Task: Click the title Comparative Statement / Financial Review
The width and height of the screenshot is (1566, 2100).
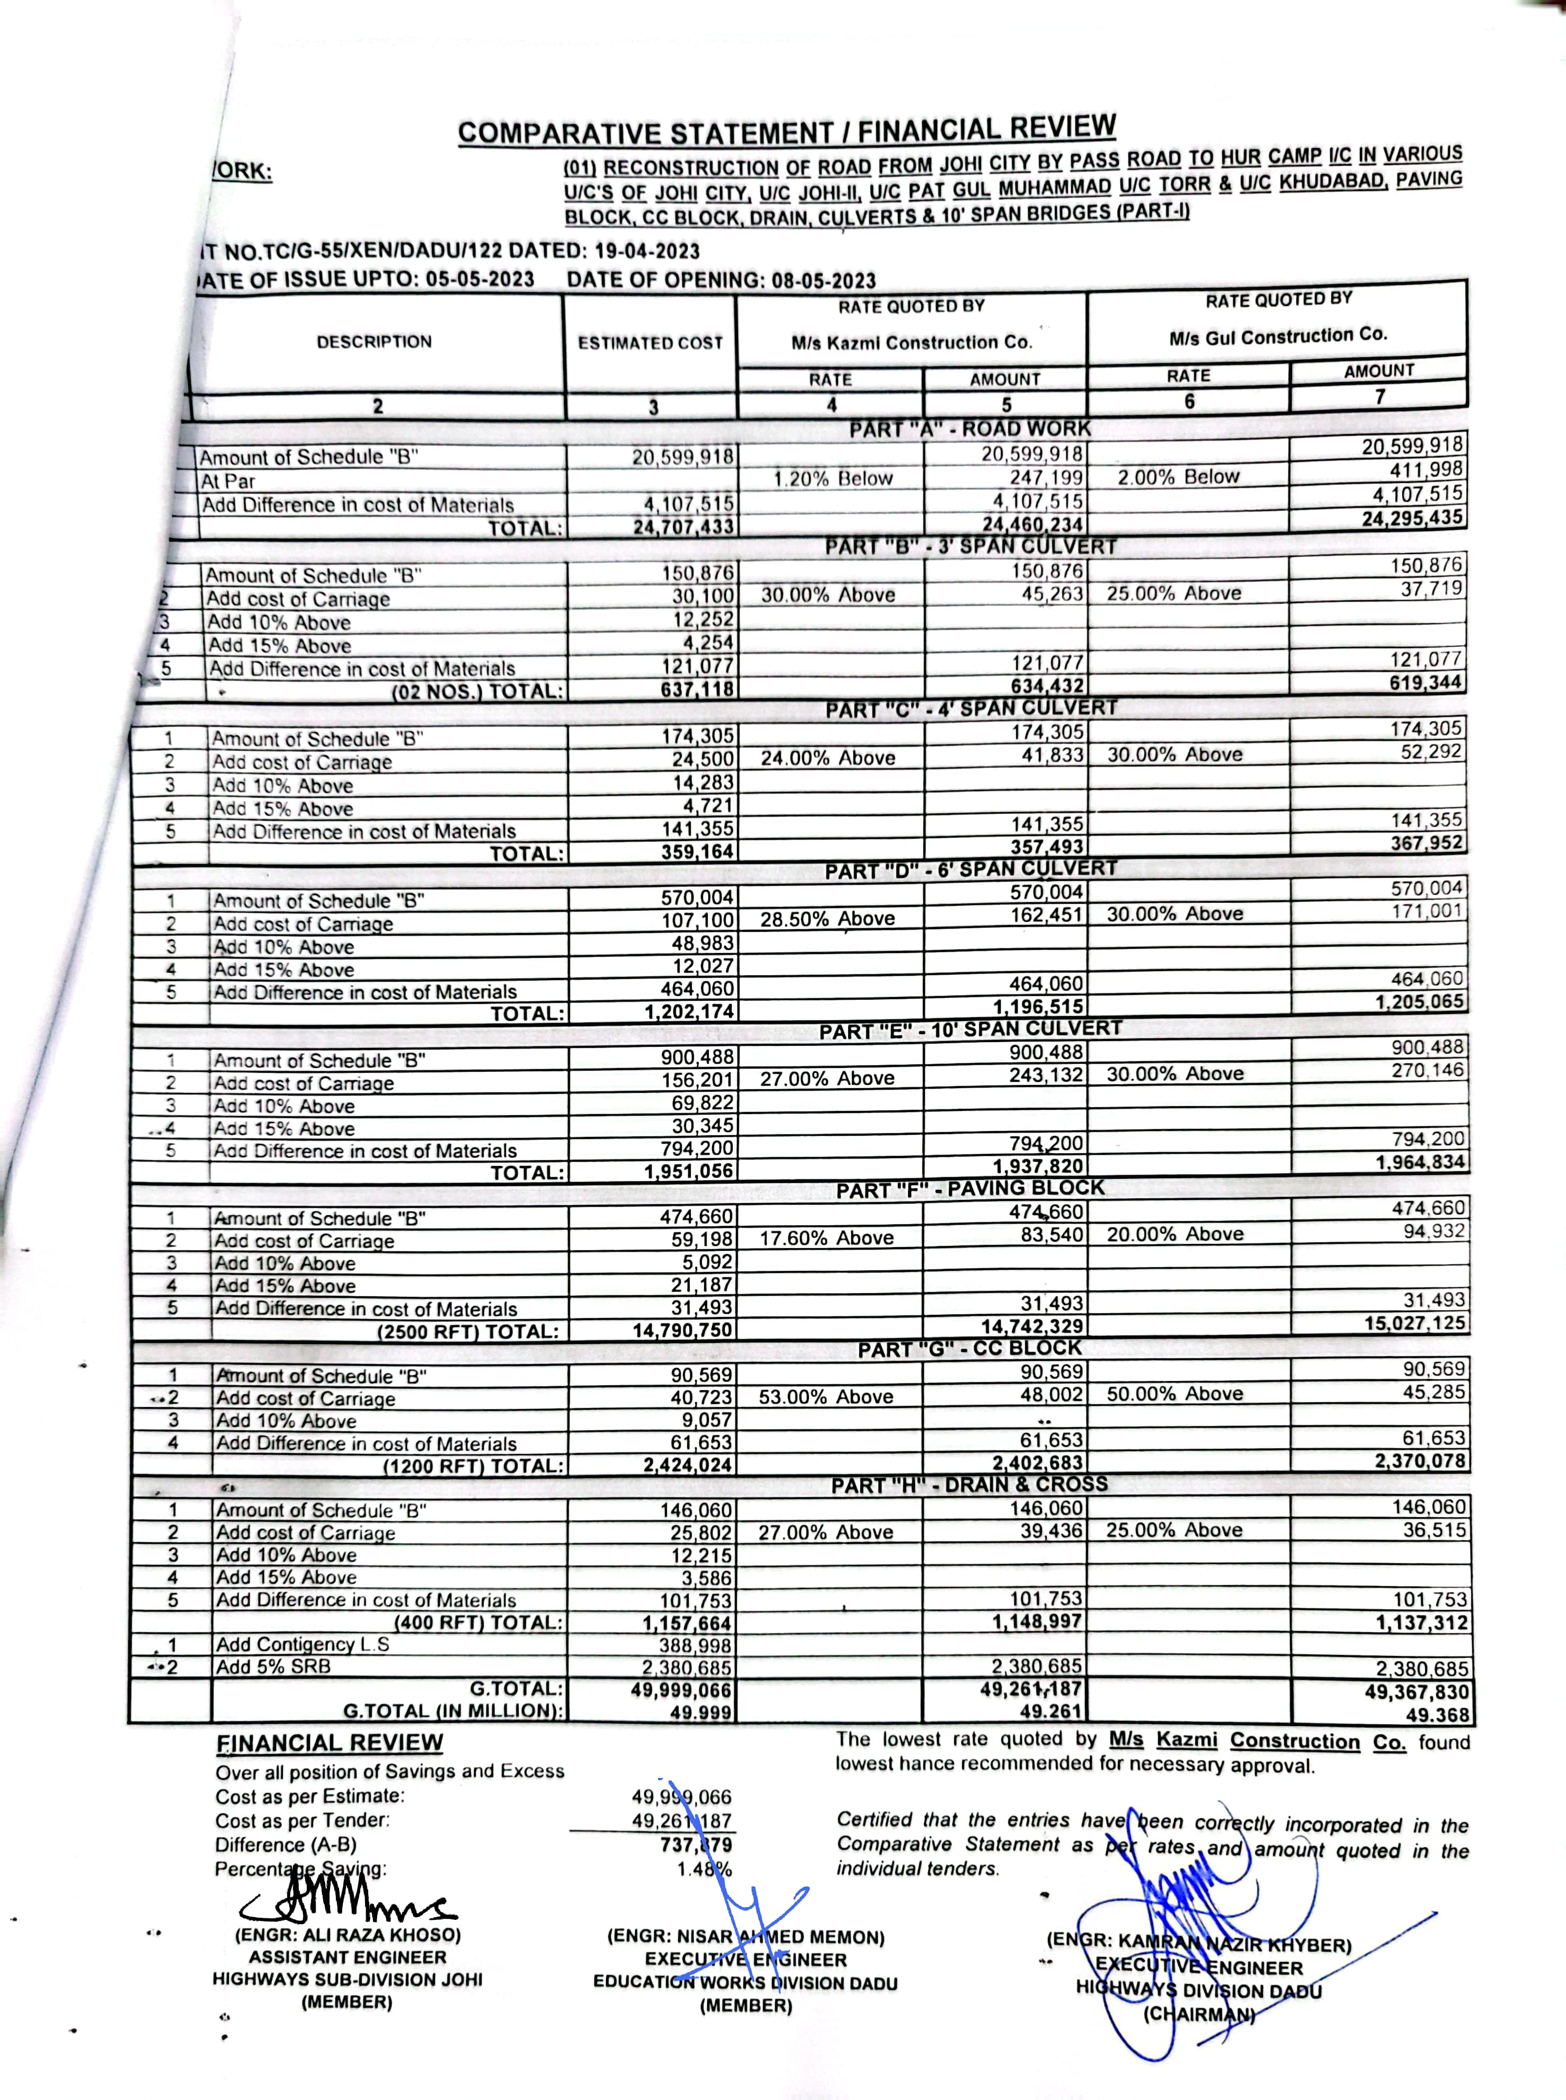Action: [787, 130]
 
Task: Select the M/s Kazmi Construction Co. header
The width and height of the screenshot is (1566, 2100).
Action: [911, 342]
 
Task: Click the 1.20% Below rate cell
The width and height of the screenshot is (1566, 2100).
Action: [832, 478]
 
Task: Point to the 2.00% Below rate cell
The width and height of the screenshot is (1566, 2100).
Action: [1178, 477]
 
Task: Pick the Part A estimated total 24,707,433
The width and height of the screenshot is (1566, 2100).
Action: [683, 526]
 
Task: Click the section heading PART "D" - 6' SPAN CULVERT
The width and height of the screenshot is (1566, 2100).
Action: [971, 869]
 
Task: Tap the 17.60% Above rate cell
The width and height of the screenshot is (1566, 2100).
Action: [826, 1238]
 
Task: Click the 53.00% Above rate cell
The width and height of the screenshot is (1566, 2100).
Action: [826, 1397]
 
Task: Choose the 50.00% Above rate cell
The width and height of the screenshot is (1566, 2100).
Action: [1174, 1394]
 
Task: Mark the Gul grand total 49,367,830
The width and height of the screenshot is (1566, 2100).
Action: [1416, 1692]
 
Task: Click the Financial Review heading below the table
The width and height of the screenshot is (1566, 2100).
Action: [329, 1743]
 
